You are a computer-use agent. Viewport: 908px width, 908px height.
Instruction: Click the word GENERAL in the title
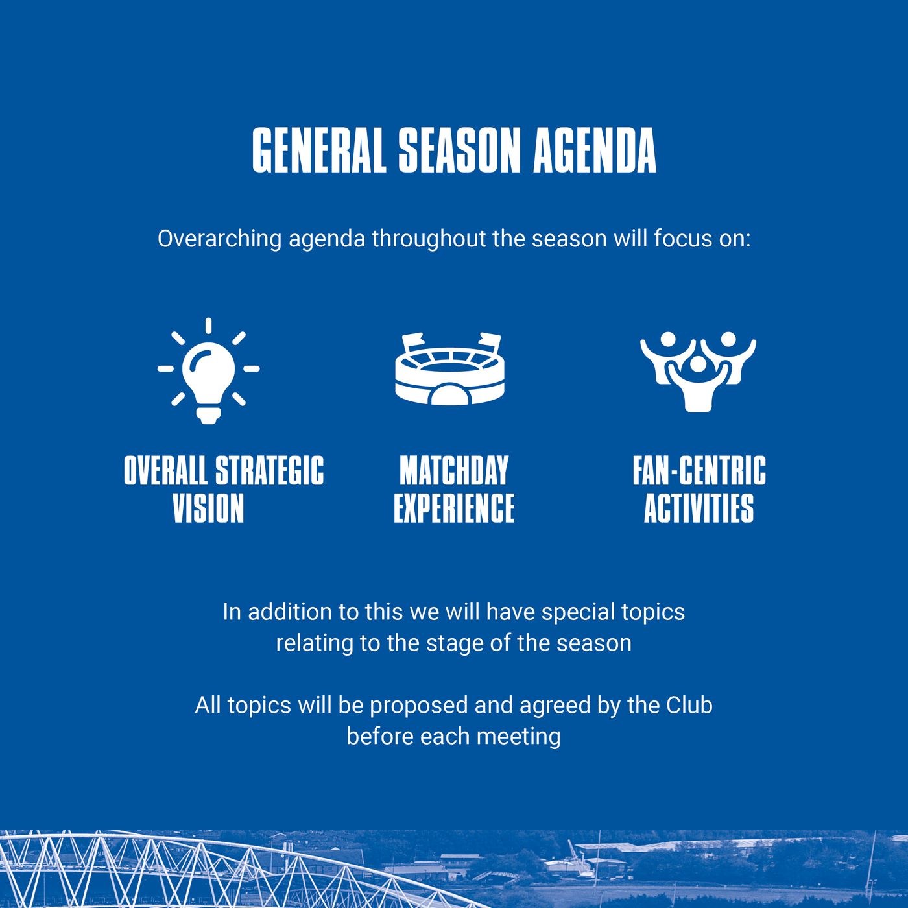319,150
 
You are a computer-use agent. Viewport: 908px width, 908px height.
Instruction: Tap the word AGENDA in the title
595,150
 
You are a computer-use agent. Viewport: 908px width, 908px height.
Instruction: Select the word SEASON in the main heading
459,150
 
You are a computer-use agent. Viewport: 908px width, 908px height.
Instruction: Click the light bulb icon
208,371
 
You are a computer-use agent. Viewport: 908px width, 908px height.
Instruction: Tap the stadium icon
450,369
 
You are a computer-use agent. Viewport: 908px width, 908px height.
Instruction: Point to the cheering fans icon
698,372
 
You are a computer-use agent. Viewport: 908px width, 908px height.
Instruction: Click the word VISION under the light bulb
208,508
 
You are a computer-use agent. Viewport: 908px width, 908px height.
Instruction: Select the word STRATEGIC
270,470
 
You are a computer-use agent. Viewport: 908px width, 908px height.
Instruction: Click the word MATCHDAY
454,470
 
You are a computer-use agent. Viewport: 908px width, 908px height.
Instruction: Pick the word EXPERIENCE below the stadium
454,508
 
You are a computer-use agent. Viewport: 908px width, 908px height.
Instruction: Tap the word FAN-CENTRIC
699,470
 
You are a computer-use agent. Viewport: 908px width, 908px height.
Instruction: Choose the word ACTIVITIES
699,508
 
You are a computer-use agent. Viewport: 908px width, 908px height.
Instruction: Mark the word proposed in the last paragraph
418,706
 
